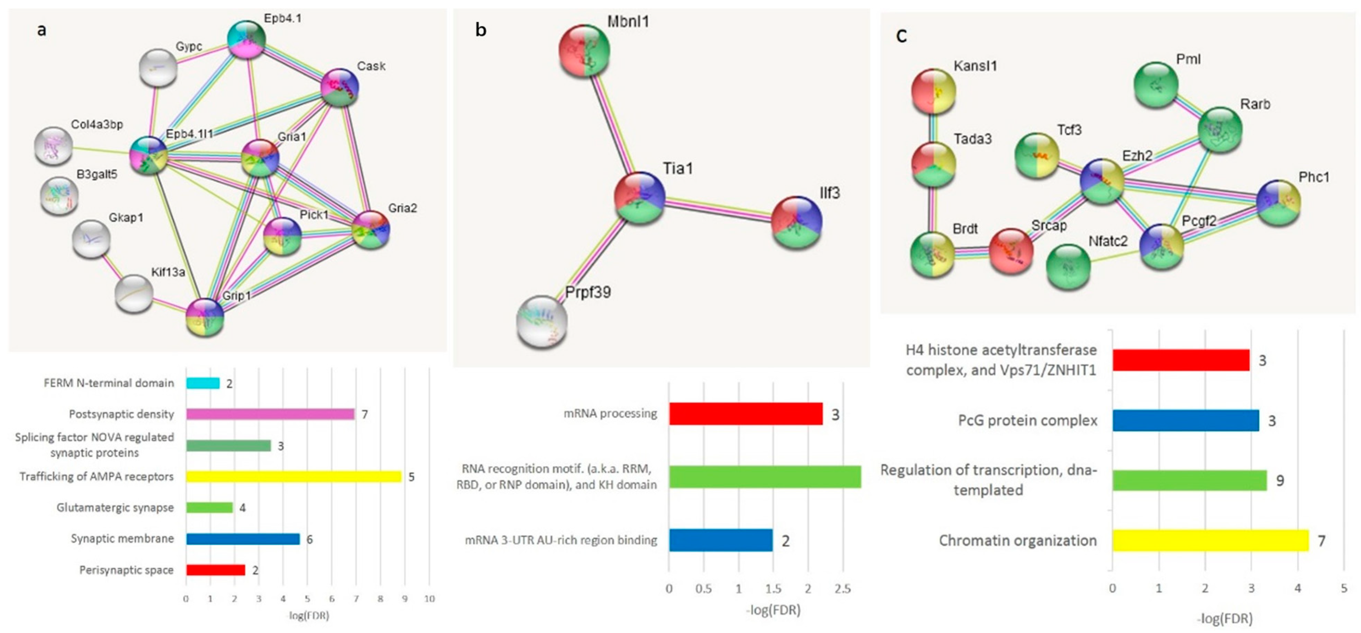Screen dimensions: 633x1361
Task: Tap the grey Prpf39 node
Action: point(542,321)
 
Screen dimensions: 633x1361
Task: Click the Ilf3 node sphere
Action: point(797,222)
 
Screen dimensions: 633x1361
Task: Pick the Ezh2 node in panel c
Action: point(1102,181)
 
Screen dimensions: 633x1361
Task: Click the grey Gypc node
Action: point(158,68)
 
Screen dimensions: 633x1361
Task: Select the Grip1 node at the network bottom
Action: point(205,317)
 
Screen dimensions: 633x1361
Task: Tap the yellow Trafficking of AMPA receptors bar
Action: point(293,477)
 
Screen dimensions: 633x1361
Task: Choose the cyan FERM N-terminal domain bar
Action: point(203,383)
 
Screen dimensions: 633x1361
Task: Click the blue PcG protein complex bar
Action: point(1185,421)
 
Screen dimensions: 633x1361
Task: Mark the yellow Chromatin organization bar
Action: point(1210,541)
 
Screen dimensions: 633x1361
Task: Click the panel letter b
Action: point(480,30)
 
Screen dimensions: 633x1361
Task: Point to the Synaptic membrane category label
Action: point(122,539)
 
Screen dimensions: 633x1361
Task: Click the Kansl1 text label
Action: point(975,66)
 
